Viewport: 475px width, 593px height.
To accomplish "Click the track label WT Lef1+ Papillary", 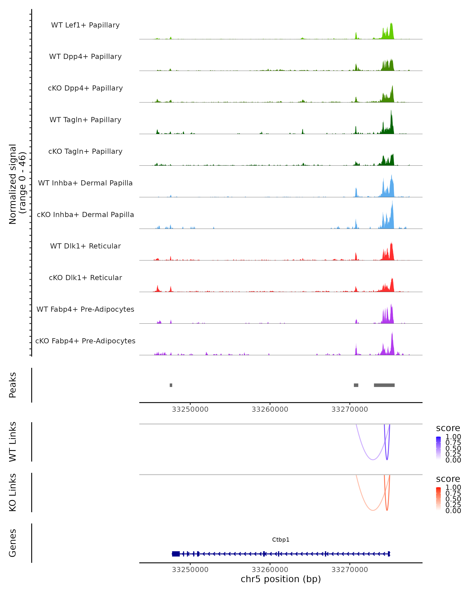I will coord(85,25).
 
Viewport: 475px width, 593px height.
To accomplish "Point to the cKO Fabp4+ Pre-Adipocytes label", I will coord(85,341).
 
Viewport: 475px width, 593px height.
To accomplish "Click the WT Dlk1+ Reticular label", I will coord(85,246).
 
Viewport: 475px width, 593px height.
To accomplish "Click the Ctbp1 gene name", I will coord(281,540).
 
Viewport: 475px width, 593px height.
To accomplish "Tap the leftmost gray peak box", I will coord(171,385).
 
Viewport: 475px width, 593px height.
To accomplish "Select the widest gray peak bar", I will coord(384,385).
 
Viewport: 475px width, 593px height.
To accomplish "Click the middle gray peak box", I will coord(356,385).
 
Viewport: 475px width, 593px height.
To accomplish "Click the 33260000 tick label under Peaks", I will coord(270,410).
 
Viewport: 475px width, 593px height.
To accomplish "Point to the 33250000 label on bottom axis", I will coord(190,570).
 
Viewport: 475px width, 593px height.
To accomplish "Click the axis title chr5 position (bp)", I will coord(281,579).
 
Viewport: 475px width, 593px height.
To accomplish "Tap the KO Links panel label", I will coord(13,492).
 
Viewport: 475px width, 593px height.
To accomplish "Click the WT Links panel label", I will coord(13,442).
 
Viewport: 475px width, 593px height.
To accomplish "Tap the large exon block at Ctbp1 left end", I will coord(176,554).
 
